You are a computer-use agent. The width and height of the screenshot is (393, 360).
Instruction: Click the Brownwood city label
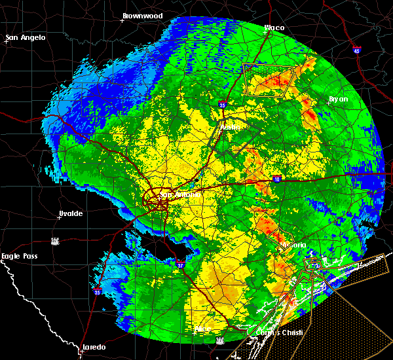142,14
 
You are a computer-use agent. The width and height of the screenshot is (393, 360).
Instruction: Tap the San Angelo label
27,37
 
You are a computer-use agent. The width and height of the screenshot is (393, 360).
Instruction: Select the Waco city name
274,27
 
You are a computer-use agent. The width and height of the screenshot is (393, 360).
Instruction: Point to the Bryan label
338,99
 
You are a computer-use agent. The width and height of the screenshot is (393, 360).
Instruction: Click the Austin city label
230,126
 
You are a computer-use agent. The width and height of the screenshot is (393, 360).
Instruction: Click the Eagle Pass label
20,256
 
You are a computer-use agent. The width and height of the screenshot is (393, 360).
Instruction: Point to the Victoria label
292,245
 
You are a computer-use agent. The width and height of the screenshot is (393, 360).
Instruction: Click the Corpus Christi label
282,333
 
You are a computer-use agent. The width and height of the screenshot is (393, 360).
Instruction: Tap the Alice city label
204,328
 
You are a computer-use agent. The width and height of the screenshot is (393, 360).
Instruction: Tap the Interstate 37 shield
181,264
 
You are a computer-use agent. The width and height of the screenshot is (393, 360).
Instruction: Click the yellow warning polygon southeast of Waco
268,81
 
